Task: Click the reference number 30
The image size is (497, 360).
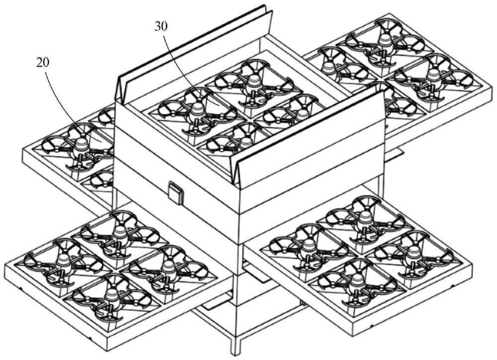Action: tap(161, 27)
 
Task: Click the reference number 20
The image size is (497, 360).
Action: tap(43, 63)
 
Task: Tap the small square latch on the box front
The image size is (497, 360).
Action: tap(176, 192)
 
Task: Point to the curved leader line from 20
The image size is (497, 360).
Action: tap(68, 101)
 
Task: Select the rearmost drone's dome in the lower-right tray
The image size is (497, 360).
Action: tap(363, 217)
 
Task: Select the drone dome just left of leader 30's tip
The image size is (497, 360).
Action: tap(197, 110)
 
